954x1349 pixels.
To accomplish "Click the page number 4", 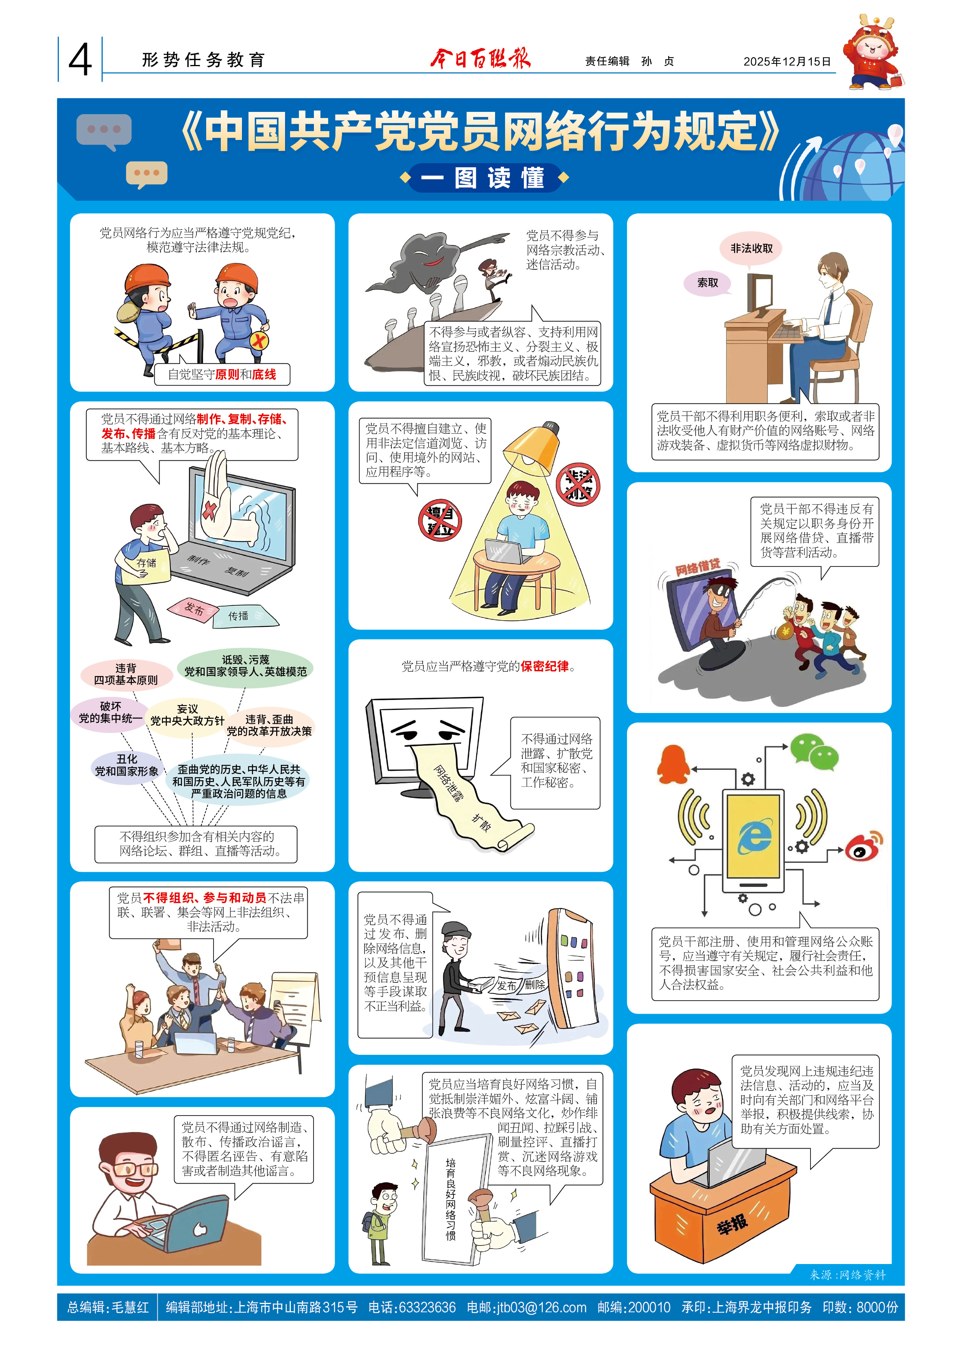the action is point(80,60).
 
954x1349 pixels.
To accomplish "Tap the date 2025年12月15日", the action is point(787,61).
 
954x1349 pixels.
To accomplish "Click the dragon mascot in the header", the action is point(873,53).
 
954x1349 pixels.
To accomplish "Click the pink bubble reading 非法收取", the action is point(751,248).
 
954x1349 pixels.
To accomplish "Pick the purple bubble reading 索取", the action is point(707,283).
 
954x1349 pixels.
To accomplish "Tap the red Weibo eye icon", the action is point(864,846).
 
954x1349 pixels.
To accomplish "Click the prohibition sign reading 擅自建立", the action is point(440,520).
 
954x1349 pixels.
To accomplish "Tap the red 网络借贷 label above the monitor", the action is point(698,567).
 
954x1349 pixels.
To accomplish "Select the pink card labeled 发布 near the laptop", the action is point(193,609).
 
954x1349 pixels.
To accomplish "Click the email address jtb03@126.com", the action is point(526,1307).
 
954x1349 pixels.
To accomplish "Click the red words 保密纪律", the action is point(544,666).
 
